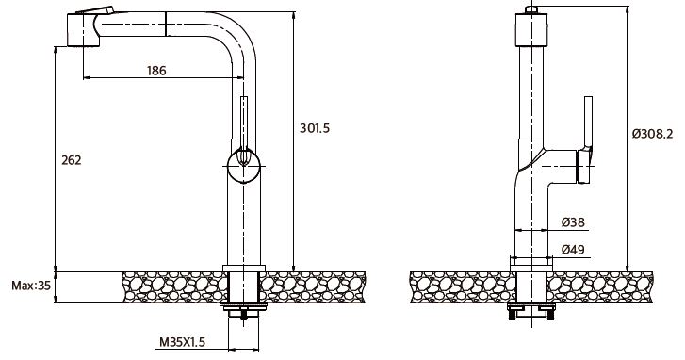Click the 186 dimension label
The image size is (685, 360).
156,71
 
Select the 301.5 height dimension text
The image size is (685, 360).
315,128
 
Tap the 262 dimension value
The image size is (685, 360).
72,160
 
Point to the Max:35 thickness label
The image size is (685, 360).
31,286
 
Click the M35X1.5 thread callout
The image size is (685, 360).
182,342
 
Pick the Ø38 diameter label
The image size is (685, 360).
573,222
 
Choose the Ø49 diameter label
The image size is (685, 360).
573,250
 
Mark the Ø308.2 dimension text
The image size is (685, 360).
652,134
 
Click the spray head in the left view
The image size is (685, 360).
83,29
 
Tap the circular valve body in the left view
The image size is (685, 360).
244,166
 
